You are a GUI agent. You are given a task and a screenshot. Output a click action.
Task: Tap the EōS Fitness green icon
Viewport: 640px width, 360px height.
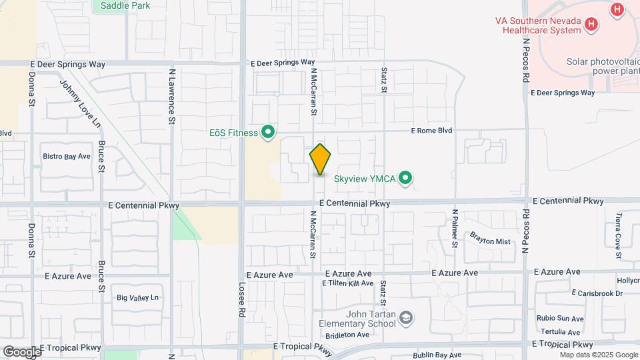click(269, 133)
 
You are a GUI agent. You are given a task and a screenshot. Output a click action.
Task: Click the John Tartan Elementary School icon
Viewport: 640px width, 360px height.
click(406, 318)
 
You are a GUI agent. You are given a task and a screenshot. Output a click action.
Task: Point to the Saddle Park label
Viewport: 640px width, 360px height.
click(125, 6)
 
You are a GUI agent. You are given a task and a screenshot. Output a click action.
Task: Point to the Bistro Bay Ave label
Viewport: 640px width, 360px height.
click(67, 157)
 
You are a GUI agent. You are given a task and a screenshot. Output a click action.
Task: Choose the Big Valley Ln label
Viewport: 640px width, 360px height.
click(138, 297)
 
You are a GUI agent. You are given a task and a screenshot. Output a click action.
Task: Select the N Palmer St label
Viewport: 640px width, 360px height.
click(455, 229)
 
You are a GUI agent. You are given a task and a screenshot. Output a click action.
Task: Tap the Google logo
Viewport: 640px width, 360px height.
click(21, 351)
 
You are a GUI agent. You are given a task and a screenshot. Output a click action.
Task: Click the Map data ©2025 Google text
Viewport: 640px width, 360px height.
click(598, 355)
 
